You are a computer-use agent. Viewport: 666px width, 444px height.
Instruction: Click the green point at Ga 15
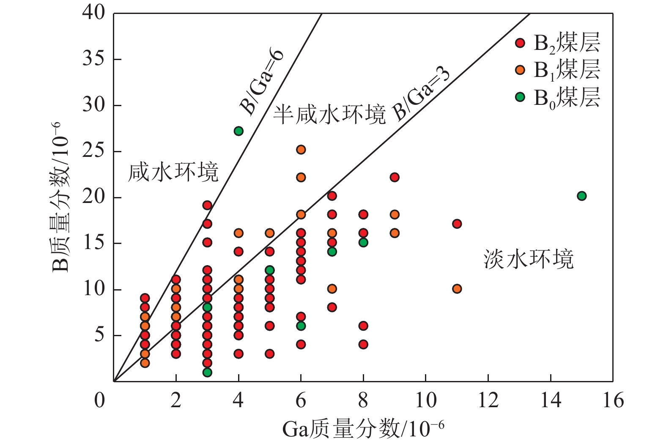pos(581,196)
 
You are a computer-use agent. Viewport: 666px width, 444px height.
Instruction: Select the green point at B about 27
pos(238,131)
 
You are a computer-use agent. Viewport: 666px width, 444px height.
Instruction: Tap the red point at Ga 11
pos(457,224)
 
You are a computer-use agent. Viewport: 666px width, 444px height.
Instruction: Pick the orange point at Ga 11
pos(457,289)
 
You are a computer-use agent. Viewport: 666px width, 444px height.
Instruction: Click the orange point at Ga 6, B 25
pos(301,149)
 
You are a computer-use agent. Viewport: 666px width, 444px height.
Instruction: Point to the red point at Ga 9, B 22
pos(395,177)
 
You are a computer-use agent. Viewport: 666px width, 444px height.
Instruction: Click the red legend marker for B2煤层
pos(520,43)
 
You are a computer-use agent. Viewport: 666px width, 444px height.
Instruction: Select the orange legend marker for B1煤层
pos(520,70)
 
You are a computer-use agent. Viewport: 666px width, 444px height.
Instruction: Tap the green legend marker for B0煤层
pos(520,97)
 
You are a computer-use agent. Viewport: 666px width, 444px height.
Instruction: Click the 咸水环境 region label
pos(173,172)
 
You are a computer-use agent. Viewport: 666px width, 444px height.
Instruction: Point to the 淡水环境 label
pos(529,259)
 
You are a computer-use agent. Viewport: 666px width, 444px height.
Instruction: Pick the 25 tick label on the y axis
pos(93,151)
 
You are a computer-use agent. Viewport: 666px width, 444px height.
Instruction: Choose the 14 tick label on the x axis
pos(551,400)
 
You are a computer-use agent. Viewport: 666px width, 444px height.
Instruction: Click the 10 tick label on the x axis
pos(425,400)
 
